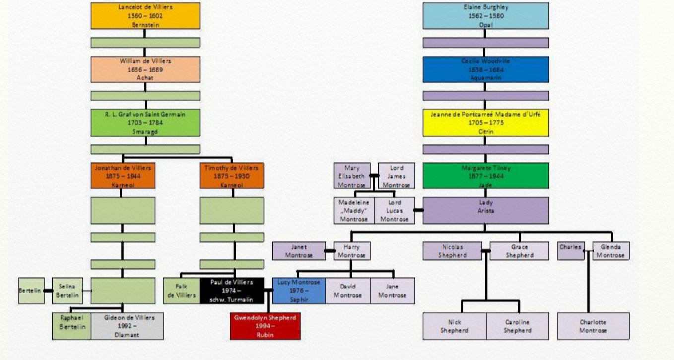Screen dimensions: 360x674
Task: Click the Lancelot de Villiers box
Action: (145, 16)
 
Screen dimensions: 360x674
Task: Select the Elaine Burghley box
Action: (485, 16)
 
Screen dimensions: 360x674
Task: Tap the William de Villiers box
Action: (145, 69)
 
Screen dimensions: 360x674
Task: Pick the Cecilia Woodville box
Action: (485, 69)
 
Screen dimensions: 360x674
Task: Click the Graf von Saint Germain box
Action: (145, 123)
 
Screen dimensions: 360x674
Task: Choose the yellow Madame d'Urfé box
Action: (485, 123)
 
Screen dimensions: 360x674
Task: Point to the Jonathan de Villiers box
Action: (123, 176)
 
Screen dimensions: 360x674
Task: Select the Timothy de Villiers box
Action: (231, 176)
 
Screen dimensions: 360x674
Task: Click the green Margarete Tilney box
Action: (485, 176)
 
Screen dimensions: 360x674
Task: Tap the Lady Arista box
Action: (485, 211)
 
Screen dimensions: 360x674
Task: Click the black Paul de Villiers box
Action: (231, 290)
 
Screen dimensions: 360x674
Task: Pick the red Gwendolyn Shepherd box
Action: (265, 326)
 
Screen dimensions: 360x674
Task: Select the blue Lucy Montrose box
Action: (299, 290)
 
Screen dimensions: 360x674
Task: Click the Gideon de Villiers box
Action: (127, 326)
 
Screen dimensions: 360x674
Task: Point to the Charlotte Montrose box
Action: (593, 326)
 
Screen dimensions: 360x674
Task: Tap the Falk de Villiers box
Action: (181, 290)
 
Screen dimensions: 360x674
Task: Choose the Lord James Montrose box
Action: (396, 176)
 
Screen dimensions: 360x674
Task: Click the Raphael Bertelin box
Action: (72, 326)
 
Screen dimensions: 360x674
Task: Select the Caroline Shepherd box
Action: (518, 326)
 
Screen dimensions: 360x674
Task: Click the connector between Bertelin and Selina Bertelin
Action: (48, 290)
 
